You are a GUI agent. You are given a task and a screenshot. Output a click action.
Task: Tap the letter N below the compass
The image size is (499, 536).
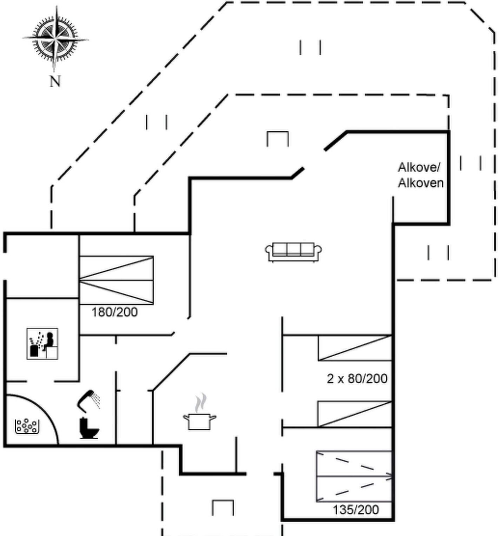coord(55,81)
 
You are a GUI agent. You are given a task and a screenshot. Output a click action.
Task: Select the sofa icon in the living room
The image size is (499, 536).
coord(293,252)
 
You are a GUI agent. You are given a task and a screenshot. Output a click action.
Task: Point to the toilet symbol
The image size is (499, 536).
coord(89,428)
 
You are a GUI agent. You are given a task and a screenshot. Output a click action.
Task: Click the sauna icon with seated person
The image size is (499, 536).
coord(42,344)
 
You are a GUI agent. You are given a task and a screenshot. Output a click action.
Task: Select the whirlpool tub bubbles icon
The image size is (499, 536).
coord(27,426)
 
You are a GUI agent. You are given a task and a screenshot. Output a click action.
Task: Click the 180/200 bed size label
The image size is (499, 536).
coord(114,312)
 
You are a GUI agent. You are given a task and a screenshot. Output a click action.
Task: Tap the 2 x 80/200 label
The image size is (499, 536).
coord(357,378)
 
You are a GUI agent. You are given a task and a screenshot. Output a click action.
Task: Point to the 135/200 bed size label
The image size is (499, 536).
coord(356,509)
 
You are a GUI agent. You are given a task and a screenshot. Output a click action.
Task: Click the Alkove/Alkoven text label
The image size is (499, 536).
coord(420,175)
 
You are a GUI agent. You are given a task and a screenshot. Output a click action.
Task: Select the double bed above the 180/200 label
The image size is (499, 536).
coord(117,280)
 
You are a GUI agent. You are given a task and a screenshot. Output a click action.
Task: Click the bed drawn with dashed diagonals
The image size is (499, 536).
coord(354,476)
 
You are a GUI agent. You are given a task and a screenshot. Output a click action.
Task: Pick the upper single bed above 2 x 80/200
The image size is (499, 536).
coord(355,348)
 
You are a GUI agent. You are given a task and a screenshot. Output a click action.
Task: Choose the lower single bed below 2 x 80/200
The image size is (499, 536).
coord(355,414)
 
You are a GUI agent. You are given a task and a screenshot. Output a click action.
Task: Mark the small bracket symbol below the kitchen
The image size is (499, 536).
coord(223,508)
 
